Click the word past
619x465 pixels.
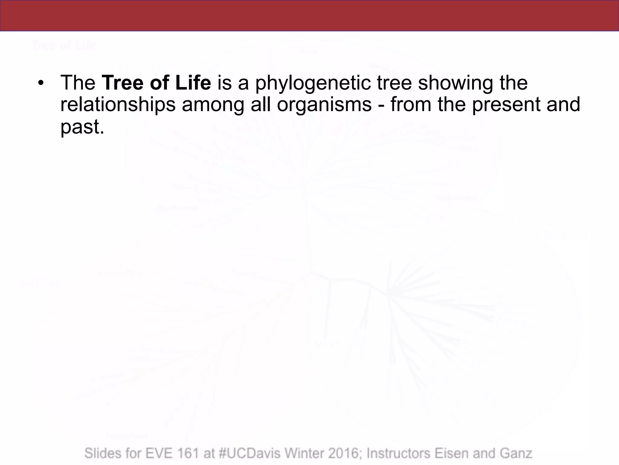(x=82, y=127)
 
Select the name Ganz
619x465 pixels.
(x=516, y=453)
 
